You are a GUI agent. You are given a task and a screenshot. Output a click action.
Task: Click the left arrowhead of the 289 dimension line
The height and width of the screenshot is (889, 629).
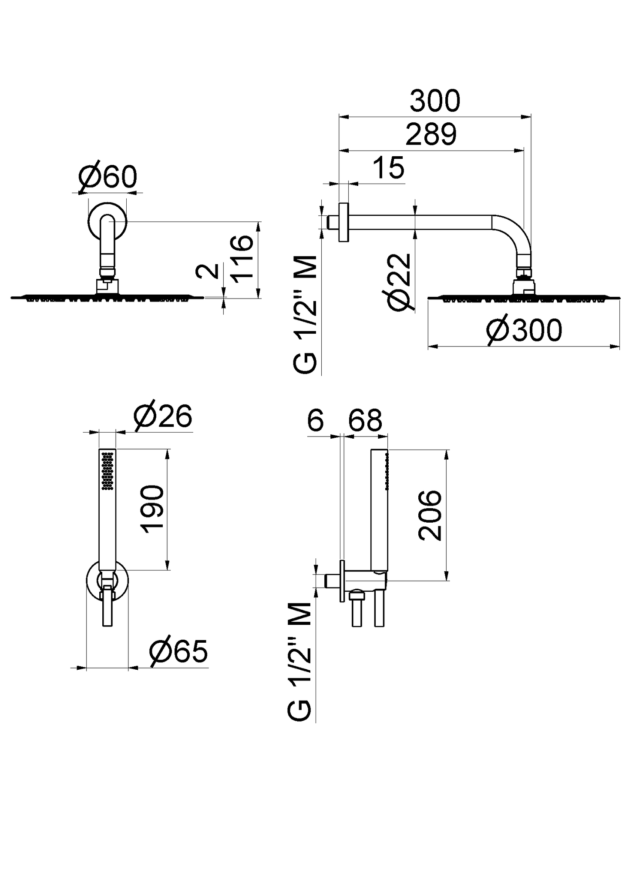tap(344, 151)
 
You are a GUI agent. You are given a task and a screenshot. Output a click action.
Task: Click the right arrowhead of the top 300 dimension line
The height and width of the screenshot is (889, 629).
tap(526, 117)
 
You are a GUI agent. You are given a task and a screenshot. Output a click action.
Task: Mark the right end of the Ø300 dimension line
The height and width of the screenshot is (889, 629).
tap(619, 347)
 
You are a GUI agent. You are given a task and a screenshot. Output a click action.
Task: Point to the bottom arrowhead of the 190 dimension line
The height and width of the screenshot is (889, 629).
tap(168, 565)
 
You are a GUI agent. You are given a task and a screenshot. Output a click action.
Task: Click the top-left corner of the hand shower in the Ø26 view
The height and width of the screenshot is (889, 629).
tap(99, 449)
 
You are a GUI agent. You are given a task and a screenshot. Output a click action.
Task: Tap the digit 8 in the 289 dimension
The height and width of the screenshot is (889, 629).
tap(431, 135)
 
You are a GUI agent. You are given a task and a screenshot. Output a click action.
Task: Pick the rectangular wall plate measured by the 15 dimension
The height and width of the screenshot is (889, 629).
tap(344, 222)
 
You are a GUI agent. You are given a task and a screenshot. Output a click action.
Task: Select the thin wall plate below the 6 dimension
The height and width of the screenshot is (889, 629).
tap(342, 581)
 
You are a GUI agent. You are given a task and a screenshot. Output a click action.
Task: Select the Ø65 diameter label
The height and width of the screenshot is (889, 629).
tap(178, 652)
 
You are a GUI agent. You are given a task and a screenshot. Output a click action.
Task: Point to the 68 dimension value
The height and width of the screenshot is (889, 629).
tap(365, 420)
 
